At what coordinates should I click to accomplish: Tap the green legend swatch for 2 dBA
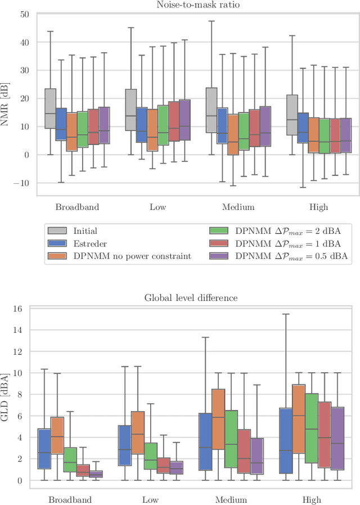pyautogui.click(x=218, y=231)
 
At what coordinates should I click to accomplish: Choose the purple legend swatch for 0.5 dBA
pyautogui.click(x=218, y=256)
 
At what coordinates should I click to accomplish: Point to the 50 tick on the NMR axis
pyautogui.click(x=24, y=14)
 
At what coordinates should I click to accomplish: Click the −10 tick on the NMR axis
pyautogui.click(x=21, y=183)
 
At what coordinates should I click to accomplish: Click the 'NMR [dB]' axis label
pyautogui.click(x=7, y=105)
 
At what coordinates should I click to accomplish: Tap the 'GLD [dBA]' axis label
pyautogui.click(x=7, y=395)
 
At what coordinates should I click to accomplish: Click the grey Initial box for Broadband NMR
pyautogui.click(x=50, y=109)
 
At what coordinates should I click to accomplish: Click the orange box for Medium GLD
pyautogui.click(x=218, y=417)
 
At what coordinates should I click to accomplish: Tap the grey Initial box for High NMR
pyautogui.click(x=292, y=115)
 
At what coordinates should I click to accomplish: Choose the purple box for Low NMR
pyautogui.click(x=184, y=120)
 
